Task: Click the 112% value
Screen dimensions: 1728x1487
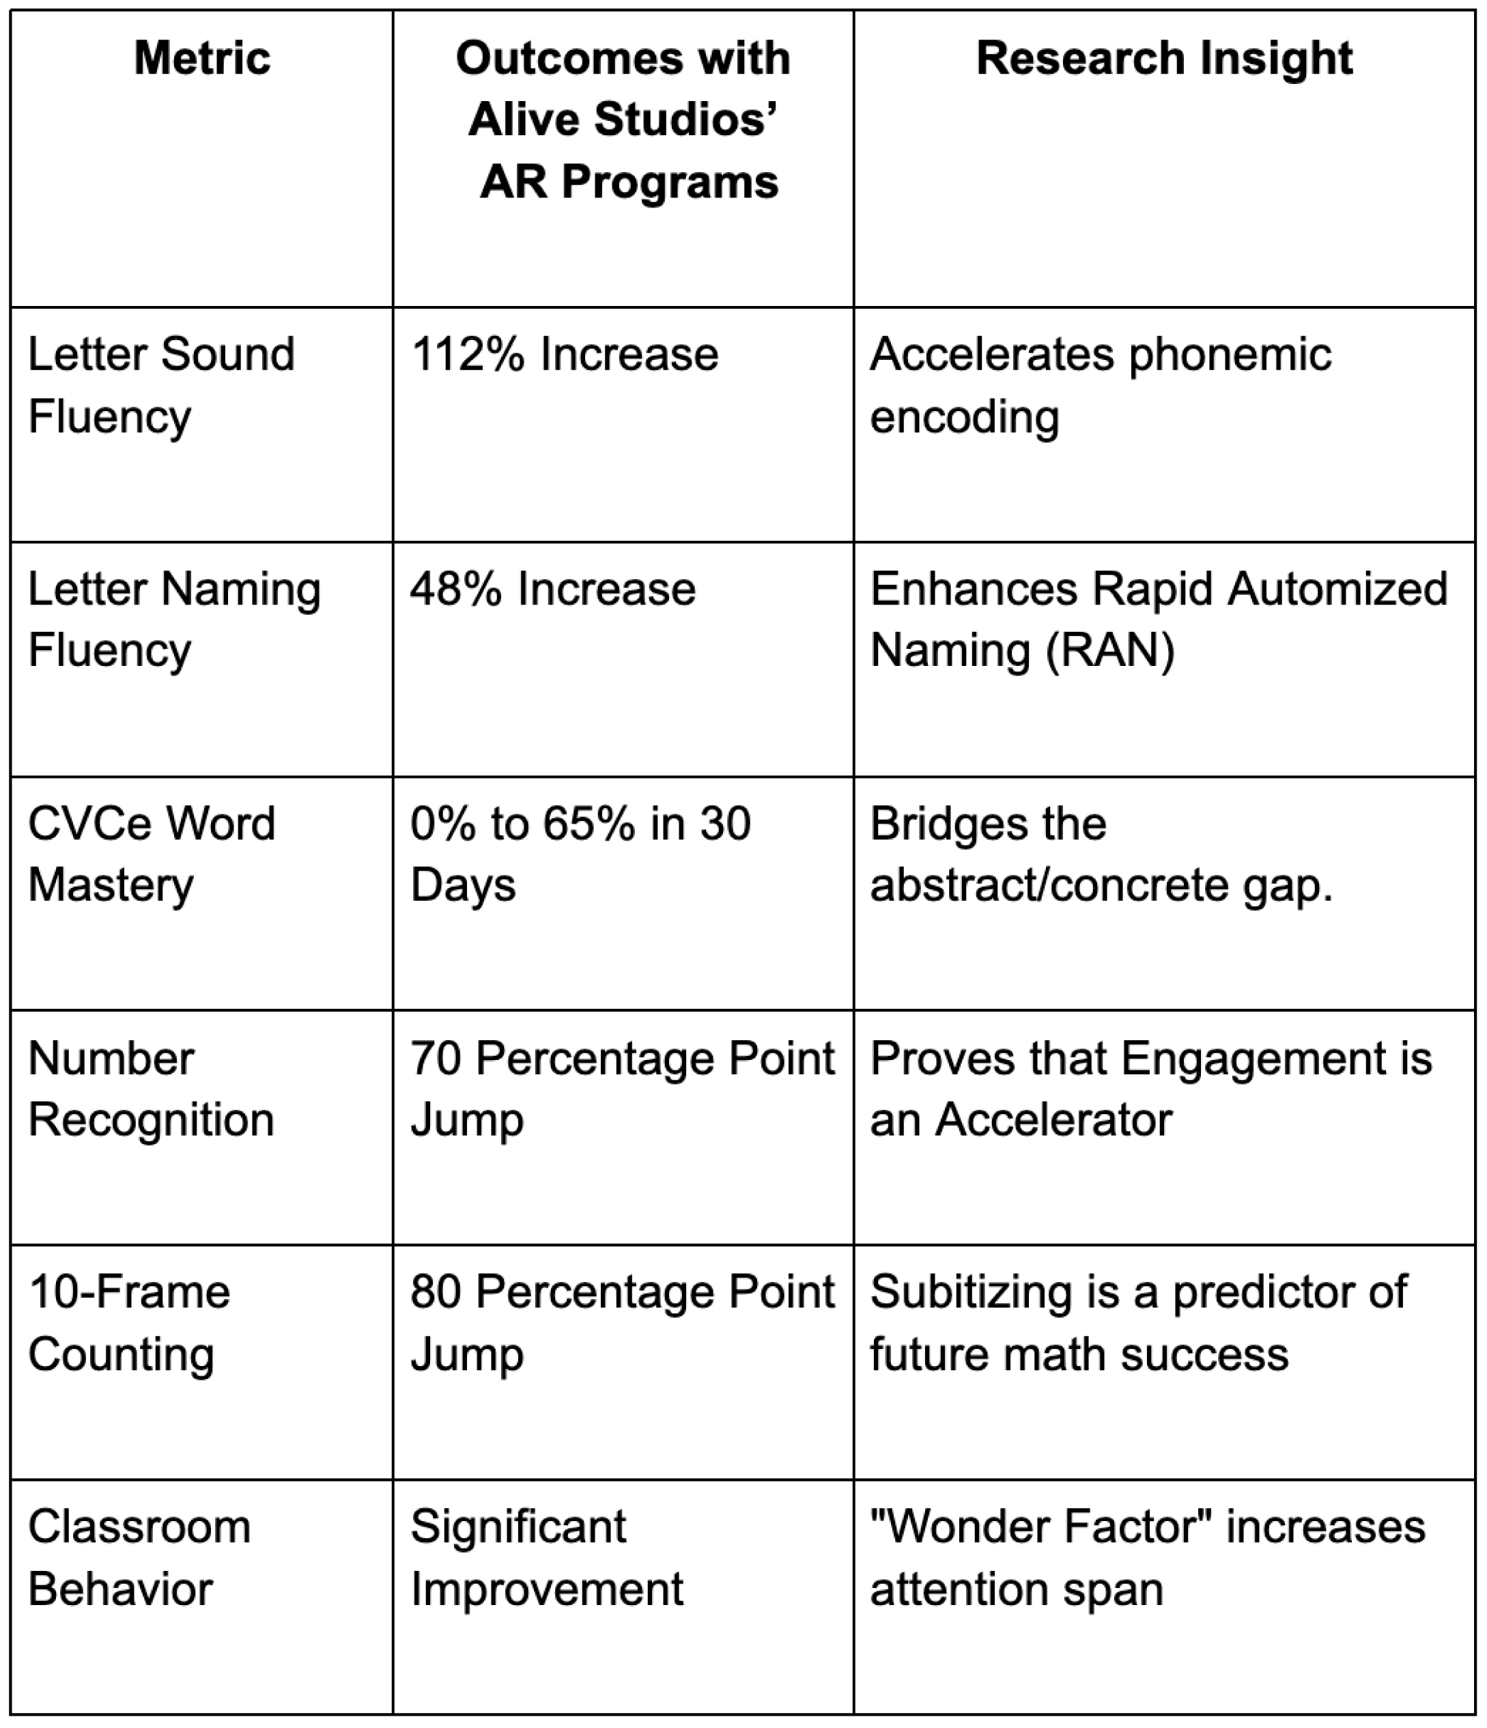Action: click(x=468, y=354)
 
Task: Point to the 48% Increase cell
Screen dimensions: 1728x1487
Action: click(x=552, y=589)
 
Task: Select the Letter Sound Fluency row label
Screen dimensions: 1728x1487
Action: click(x=161, y=385)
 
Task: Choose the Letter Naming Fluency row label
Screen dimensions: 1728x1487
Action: click(x=174, y=619)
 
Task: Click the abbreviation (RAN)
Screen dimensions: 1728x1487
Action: click(x=1110, y=650)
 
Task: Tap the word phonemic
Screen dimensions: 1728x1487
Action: click(x=1230, y=354)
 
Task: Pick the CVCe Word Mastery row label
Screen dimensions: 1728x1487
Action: click(x=152, y=854)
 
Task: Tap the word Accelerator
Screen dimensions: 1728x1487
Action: click(x=1053, y=1120)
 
